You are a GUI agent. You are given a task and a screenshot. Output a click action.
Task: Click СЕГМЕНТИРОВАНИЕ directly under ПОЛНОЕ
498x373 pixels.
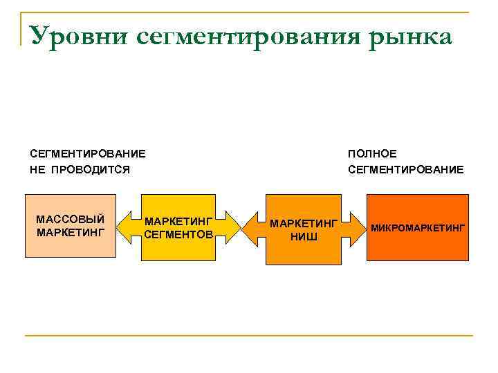pos(406,169)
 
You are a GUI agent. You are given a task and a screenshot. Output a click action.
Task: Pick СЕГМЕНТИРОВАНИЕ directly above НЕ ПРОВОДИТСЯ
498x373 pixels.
pos(88,153)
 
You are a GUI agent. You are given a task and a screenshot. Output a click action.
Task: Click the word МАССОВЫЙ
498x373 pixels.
pos(70,220)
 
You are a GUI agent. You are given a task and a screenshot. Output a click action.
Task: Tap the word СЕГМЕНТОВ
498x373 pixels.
pos(179,235)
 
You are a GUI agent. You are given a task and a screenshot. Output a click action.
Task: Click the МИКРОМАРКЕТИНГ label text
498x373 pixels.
pos(418,227)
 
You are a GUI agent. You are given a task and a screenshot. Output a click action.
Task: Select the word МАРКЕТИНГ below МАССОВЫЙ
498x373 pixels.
pos(70,232)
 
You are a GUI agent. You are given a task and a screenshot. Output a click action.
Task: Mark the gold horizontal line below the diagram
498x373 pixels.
pos(249,336)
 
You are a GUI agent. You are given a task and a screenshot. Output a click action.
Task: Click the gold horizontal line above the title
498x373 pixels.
pos(249,12)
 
